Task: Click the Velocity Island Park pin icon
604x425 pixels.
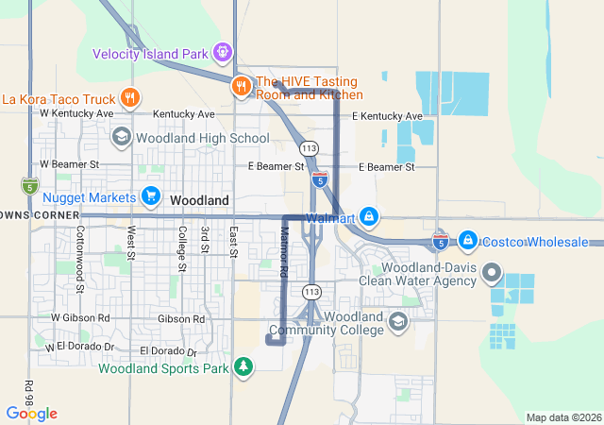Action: click(223, 52)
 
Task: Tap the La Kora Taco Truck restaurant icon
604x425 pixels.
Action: click(131, 98)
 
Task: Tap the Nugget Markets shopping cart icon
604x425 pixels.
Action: click(150, 196)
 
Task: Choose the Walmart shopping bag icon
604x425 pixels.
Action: click(369, 218)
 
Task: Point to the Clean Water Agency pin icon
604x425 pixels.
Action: click(491, 274)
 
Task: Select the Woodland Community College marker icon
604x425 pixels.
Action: click(398, 323)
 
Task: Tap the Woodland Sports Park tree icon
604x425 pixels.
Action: click(243, 366)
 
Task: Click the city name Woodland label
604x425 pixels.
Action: click(199, 201)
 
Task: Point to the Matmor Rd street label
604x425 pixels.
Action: click(283, 253)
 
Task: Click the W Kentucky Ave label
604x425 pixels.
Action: click(76, 113)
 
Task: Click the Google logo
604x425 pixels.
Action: click(31, 414)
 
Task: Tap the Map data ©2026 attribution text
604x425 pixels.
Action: click(562, 417)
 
